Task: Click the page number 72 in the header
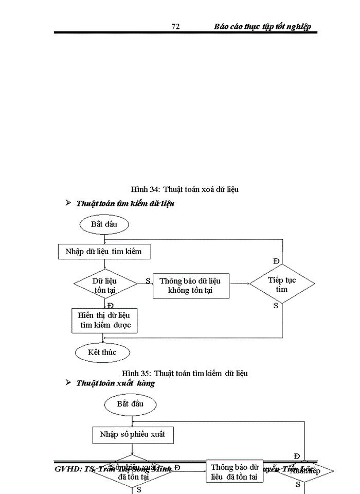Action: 175,27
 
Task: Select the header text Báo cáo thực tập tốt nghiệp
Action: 262,27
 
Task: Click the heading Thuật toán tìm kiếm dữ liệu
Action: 125,204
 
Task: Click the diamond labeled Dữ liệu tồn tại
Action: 105,285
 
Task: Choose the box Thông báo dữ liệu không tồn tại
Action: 190,286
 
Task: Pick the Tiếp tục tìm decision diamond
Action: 282,284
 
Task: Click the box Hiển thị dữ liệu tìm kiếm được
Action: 104,321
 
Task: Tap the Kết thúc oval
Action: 102,352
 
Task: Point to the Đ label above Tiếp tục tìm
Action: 276,261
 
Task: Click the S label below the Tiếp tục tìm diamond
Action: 276,306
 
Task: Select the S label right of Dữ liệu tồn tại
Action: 148,280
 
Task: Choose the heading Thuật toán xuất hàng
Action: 115,383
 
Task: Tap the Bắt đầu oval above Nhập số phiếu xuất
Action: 130,403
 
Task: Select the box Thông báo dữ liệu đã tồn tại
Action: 235,472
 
